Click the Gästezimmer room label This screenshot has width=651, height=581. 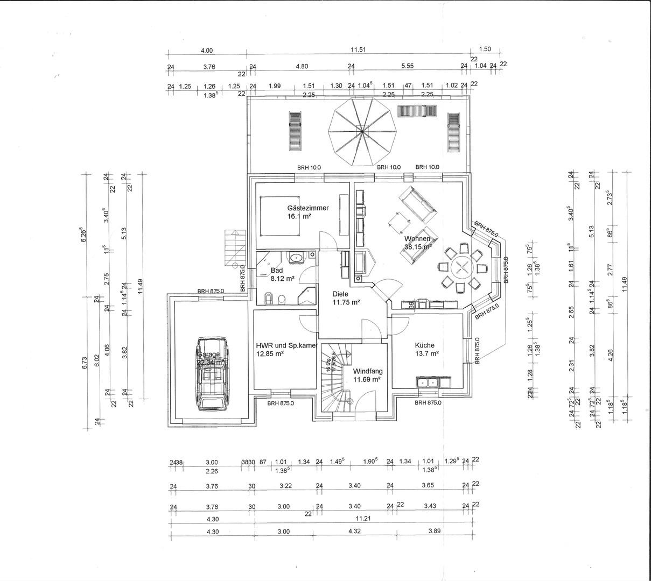click(308, 208)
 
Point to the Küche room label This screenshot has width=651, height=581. click(424, 345)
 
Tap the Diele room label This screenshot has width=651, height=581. click(340, 294)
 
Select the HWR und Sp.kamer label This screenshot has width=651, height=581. click(287, 345)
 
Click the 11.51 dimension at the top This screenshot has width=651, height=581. click(359, 50)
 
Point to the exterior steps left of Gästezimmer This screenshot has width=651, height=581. click(232, 247)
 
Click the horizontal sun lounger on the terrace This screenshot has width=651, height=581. click(417, 111)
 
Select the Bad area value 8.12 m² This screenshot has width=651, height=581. click(282, 279)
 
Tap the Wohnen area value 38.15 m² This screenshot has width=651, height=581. click(418, 247)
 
